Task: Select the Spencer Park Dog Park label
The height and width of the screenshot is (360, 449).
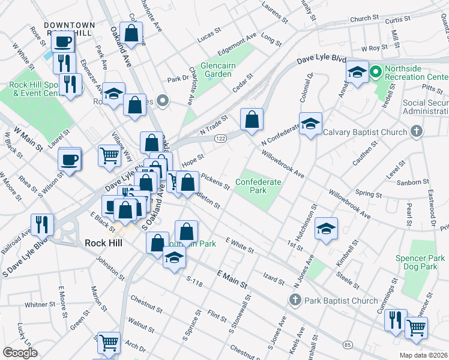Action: (420, 262)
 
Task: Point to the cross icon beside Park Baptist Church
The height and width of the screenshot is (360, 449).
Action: (294, 300)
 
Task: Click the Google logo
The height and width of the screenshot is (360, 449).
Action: (20, 353)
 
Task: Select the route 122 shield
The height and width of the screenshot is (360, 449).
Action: (220, 138)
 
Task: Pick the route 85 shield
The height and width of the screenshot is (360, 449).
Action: (348, 344)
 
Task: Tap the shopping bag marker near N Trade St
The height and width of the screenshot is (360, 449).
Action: (252, 119)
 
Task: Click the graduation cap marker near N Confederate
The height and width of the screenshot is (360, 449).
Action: (310, 124)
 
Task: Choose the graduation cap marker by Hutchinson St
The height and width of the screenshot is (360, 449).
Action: (326, 229)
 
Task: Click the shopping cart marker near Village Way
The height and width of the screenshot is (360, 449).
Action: (109, 155)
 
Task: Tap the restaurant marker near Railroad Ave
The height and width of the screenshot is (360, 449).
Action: (42, 224)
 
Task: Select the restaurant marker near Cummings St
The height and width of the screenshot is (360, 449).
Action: (396, 319)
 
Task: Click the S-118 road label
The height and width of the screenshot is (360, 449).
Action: (196, 280)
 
